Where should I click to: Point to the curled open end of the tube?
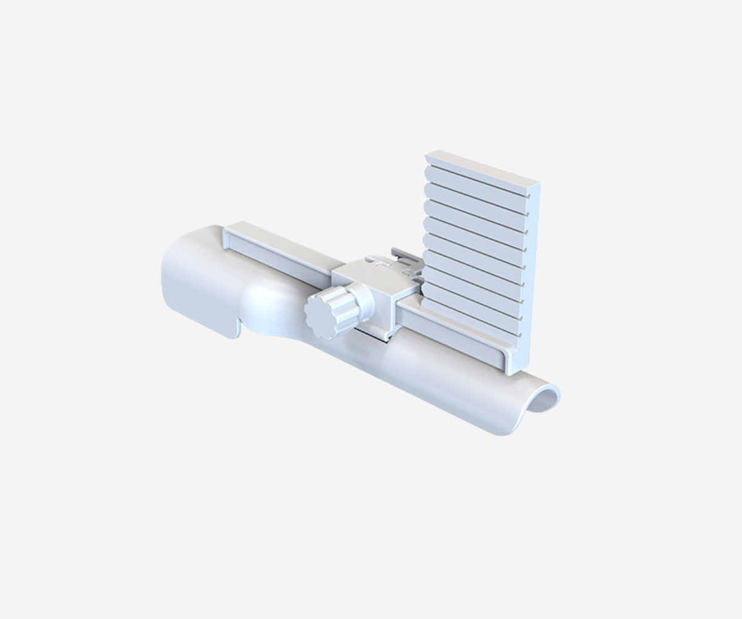pyautogui.click(x=544, y=399)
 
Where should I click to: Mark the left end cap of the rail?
pyautogui.click(x=228, y=238)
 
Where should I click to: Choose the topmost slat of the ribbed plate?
pyautogui.click(x=476, y=177)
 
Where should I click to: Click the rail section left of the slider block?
pyautogui.click(x=278, y=260)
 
